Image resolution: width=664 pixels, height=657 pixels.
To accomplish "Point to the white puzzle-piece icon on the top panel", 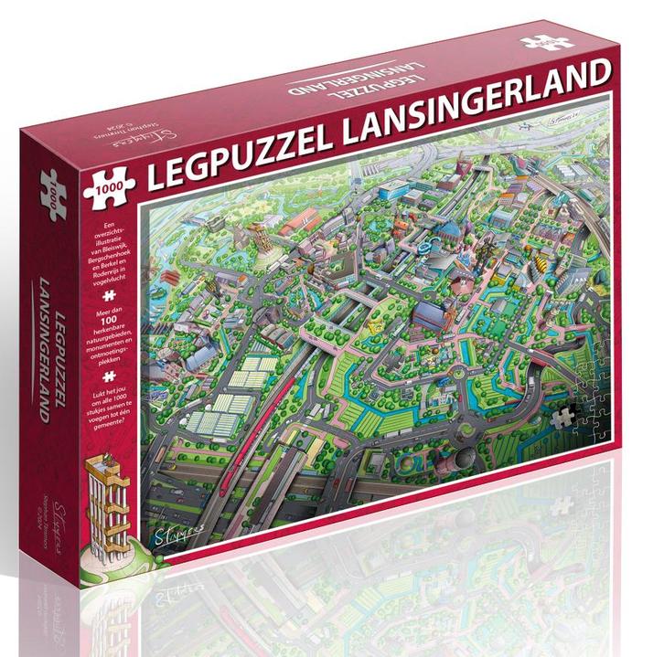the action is pos(548,42).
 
